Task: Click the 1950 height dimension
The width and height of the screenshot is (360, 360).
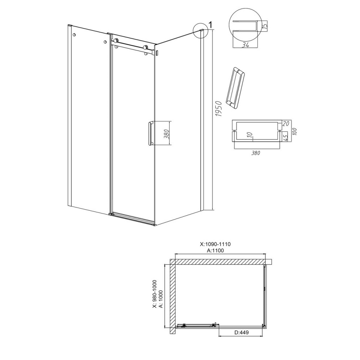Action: click(x=219, y=109)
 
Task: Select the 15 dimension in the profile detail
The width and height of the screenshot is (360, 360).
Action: click(x=265, y=24)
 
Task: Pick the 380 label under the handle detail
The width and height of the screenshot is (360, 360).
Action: click(x=256, y=153)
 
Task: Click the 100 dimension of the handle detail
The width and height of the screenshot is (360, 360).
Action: click(x=295, y=131)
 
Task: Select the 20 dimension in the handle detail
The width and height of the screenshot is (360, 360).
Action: click(x=285, y=124)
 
